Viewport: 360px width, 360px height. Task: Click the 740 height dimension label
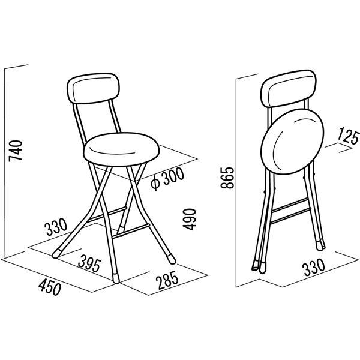16,151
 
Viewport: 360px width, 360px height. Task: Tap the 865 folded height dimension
227,178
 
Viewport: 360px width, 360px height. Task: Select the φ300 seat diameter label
167,179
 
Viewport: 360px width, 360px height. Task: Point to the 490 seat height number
190,219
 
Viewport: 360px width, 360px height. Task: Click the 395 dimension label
89,265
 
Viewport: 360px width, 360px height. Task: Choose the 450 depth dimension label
50,287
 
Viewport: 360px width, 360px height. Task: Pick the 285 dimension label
167,279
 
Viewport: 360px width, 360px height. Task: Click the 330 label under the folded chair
314,267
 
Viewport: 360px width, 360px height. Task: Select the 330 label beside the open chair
56,227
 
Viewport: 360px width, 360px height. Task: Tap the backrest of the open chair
93,88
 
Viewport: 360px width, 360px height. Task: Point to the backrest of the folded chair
289,88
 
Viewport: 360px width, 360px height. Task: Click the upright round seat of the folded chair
292,141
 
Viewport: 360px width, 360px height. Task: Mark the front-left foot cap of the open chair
56,253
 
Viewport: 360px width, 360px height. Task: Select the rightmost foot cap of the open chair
171,259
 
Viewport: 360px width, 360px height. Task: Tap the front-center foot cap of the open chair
116,278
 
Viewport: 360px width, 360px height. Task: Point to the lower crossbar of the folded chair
290,215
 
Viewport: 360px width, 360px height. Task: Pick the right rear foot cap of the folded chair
320,245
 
